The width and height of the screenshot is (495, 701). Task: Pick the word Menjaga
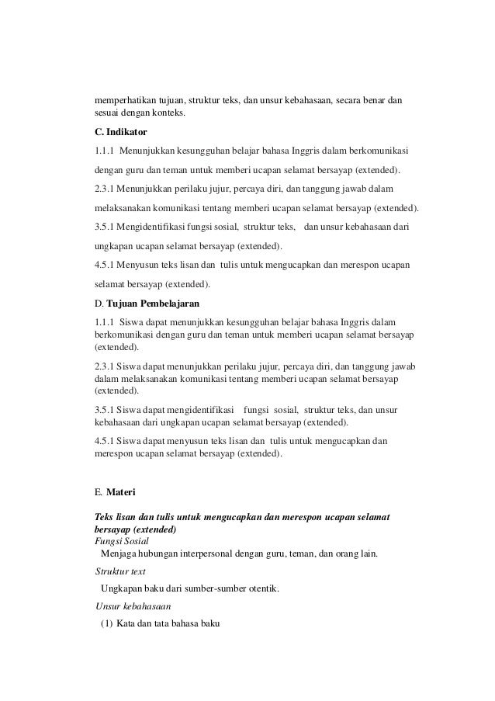[117, 554]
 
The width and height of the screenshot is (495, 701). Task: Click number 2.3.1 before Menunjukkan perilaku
[106, 188]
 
